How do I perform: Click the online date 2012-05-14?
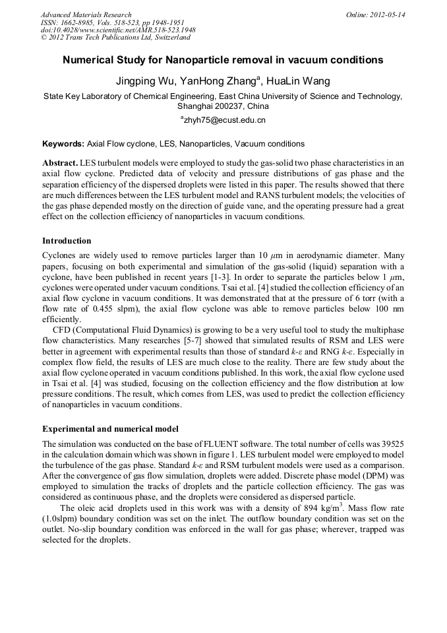tap(388, 15)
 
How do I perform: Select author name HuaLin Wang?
tap(299, 81)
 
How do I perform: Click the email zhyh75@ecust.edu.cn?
tap(224, 120)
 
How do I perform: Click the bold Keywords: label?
tap(63, 143)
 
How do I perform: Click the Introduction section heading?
tap(67, 241)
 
